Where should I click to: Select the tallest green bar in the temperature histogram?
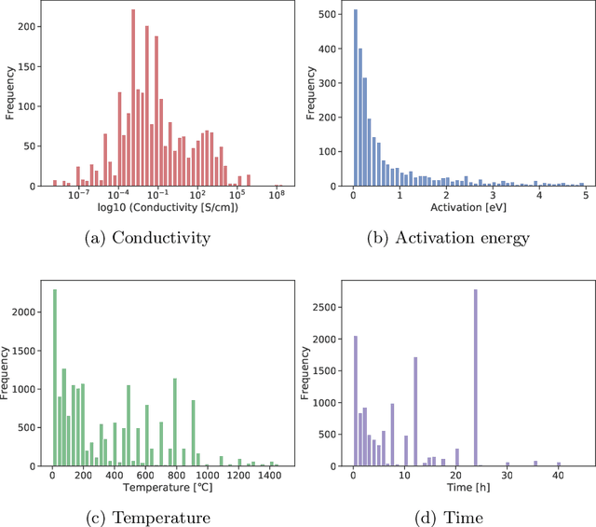pyautogui.click(x=55, y=378)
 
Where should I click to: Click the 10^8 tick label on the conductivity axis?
pyautogui.click(x=278, y=195)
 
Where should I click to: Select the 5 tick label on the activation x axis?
pyautogui.click(x=584, y=195)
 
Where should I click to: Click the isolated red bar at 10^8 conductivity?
pyautogui.click(x=278, y=185)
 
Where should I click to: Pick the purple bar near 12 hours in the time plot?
pyautogui.click(x=415, y=411)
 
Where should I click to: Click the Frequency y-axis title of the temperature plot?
pyautogui.click(x=10, y=373)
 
